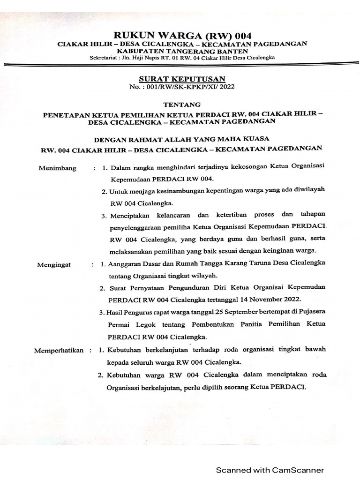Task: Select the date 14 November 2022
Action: coord(271,299)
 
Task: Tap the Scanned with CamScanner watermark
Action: coord(270,470)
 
